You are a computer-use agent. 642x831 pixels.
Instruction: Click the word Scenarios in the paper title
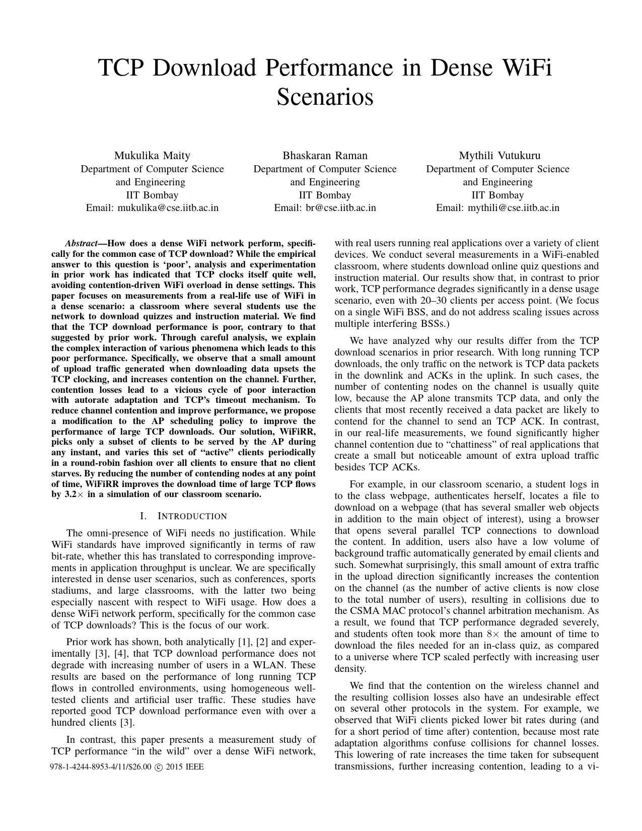pos(325,97)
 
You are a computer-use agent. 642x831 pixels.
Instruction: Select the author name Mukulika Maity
pos(152,156)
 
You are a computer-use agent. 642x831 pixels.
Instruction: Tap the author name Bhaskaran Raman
pos(325,156)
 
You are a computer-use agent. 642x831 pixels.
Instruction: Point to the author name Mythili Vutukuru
pos(497,156)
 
